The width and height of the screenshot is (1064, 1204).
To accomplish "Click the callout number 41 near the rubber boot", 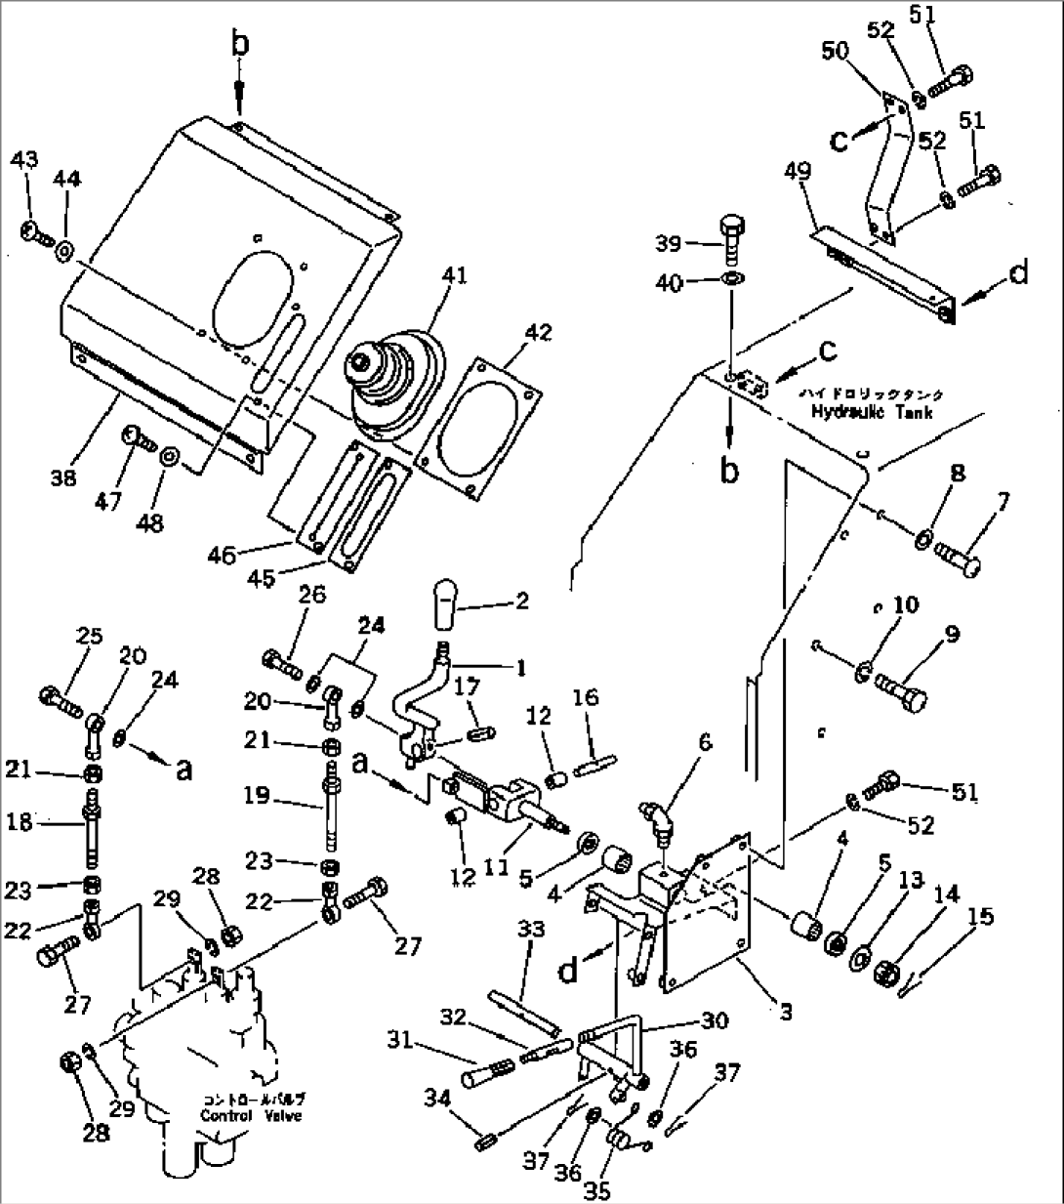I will coord(455,276).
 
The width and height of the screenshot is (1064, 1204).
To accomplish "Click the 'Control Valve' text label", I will coord(250,1116).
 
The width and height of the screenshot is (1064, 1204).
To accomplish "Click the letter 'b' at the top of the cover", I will coord(239,43).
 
